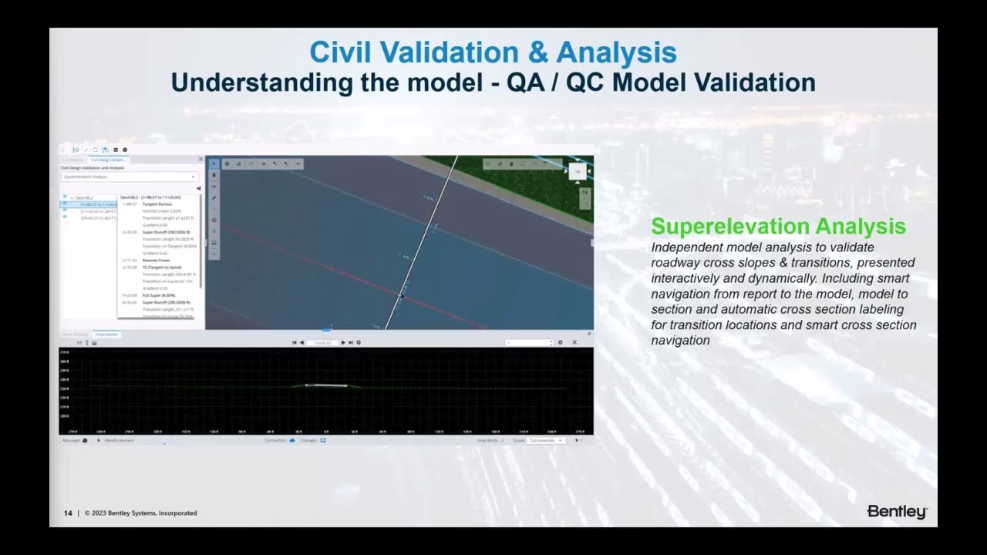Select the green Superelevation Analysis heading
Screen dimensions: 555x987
(x=778, y=227)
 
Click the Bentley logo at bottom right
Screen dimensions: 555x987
(x=897, y=512)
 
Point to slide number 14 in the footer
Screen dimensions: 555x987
(x=68, y=513)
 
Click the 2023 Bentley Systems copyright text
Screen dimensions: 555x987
(x=142, y=513)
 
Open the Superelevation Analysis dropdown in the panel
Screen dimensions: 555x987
(x=129, y=177)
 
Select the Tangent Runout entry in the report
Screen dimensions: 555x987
(x=157, y=204)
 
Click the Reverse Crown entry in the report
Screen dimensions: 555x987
(x=156, y=261)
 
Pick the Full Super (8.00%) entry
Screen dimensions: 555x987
(x=159, y=295)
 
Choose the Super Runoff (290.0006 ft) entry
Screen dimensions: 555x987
(x=166, y=232)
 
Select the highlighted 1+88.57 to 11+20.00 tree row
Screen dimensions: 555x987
(x=99, y=204)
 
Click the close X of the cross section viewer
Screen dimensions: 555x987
(x=574, y=342)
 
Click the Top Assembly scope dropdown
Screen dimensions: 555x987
(x=546, y=440)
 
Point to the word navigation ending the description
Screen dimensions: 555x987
(x=680, y=340)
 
